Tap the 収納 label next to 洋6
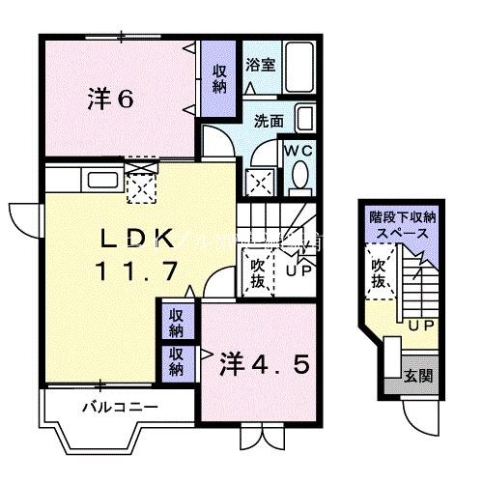coord(220,79)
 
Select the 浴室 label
coord(260,67)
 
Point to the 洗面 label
coord(268,122)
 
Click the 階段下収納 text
coord(402,218)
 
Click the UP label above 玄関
coord(418,326)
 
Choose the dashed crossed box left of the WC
coord(259,180)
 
